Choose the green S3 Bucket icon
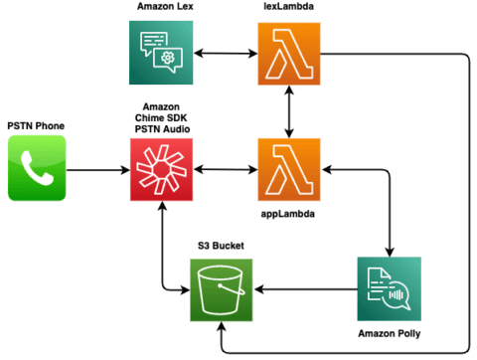coord(222,290)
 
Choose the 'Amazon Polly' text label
coord(388,333)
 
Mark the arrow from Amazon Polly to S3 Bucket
coord(304,290)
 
